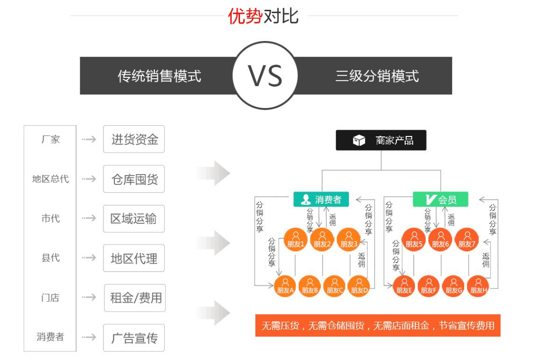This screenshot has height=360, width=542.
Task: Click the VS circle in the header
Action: pos(265,76)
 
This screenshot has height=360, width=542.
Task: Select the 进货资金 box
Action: pos(134,139)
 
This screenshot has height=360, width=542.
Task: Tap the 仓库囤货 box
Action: pos(134,179)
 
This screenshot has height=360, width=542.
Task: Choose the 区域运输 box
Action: pos(134,219)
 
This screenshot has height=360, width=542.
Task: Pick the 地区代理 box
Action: pos(134,258)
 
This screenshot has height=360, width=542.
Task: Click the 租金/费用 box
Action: pos(135,298)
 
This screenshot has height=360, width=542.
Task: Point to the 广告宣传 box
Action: pos(134,337)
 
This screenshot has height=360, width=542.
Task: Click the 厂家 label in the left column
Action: pos(50,139)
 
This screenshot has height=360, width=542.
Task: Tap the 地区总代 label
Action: pos(50,179)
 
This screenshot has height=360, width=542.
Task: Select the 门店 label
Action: pos(50,298)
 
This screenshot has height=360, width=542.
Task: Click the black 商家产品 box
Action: pos(381,140)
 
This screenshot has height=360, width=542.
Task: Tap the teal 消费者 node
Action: pos(321,199)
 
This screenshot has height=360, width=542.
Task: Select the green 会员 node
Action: pos(440,199)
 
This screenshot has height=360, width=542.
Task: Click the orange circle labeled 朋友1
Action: pos(296,240)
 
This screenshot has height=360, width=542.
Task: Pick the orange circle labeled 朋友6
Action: pos(440,240)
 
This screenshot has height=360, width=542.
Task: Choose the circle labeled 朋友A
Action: pos(285,286)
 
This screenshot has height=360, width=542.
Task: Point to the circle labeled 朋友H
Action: pos(478,286)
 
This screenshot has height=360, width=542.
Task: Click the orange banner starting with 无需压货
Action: pos(378,325)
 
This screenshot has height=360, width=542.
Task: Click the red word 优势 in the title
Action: pos(245,16)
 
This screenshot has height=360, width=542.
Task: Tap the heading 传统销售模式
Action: pos(159,76)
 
